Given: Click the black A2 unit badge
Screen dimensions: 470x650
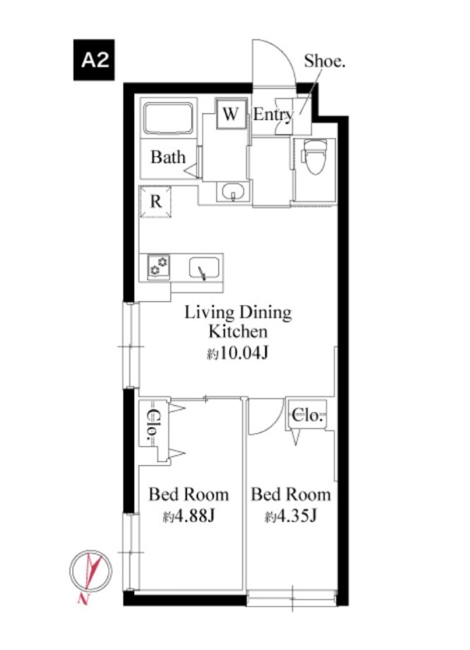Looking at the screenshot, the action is pos(94,60).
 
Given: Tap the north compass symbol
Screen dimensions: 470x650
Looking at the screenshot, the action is pos(91,572).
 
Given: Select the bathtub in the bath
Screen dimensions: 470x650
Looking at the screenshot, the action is pos(169,118).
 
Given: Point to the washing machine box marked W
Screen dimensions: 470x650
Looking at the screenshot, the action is pos(231,114).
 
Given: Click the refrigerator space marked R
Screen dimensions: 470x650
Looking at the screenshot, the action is pos(156,201).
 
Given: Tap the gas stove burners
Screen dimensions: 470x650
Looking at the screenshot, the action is pos(159,266).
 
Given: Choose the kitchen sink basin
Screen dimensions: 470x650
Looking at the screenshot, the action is pos(205,268).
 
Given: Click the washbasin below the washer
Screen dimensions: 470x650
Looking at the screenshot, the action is pos(233,192).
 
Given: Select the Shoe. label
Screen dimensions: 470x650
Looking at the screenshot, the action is pos(325,61).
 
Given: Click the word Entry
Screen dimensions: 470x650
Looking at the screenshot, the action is pos(273,114).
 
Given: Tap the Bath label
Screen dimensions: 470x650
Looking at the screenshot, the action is pos(168,158).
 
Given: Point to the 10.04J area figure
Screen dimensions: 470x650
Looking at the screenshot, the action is pos(238,353).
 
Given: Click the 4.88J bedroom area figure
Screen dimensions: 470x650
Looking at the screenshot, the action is pos(188,516).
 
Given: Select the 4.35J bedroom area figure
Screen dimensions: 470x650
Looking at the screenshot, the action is pos(291,516).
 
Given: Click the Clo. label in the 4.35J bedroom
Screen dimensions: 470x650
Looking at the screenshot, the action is pos(307,415).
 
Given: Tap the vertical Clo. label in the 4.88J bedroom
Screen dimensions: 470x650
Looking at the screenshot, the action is pos(154,426).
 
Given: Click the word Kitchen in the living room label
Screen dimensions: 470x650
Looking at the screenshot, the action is pos(238,331).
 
